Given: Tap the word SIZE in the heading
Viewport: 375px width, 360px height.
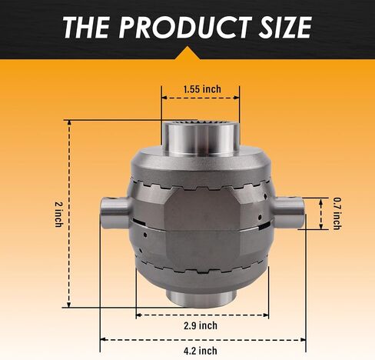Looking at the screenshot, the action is coord(285,28).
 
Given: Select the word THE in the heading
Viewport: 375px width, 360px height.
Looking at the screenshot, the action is coord(86,28).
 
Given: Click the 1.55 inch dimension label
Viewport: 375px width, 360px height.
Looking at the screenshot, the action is coord(202,89).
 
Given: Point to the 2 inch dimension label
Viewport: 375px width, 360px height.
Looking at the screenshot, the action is coord(59,215).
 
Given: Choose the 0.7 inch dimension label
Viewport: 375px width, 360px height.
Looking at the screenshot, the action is coord(337,213).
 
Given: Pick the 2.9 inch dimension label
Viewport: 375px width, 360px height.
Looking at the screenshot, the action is coord(201,325).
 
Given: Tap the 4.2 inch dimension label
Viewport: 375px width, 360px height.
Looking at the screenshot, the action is coord(201,351).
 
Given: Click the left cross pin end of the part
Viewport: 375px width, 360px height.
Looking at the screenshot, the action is coord(114,212).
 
